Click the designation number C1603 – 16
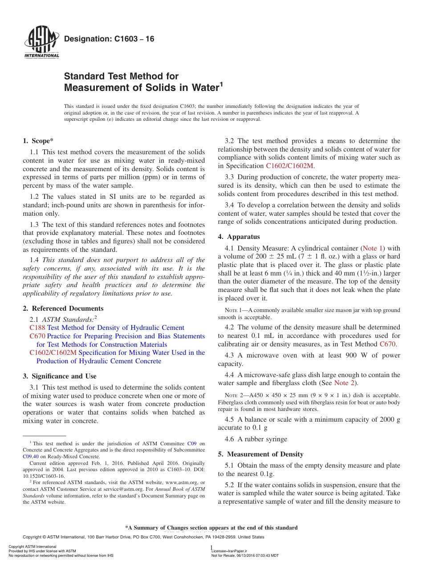point(109,39)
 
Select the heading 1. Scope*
point(38,141)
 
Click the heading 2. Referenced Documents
point(63,308)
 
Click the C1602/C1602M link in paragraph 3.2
point(290,166)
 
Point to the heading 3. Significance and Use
point(59,376)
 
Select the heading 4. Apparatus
point(239,237)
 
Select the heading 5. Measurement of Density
point(260,454)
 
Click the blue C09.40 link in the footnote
point(30,456)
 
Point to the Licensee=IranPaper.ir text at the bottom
point(229,551)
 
